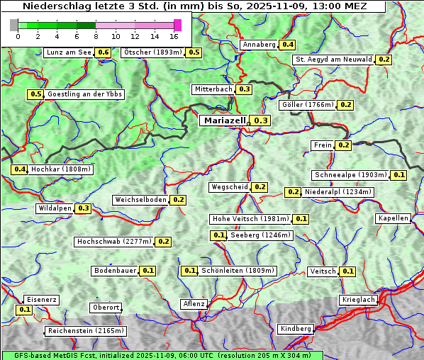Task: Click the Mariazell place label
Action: [225, 120]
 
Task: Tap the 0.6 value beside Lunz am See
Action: [103, 52]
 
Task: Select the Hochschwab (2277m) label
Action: [113, 242]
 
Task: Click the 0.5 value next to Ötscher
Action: [194, 52]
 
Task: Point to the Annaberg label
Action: [258, 45]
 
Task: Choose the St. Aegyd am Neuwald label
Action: [333, 60]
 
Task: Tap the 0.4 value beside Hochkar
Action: [20, 169]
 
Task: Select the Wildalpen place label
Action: [55, 208]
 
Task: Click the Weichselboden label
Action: [140, 200]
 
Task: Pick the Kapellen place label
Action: [394, 218]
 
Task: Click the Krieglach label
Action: [358, 300]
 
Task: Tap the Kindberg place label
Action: [296, 329]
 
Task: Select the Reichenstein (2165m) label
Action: [86, 331]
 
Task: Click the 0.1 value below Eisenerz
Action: [24, 310]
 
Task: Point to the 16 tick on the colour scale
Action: [174, 36]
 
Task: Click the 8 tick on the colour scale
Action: [96, 36]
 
